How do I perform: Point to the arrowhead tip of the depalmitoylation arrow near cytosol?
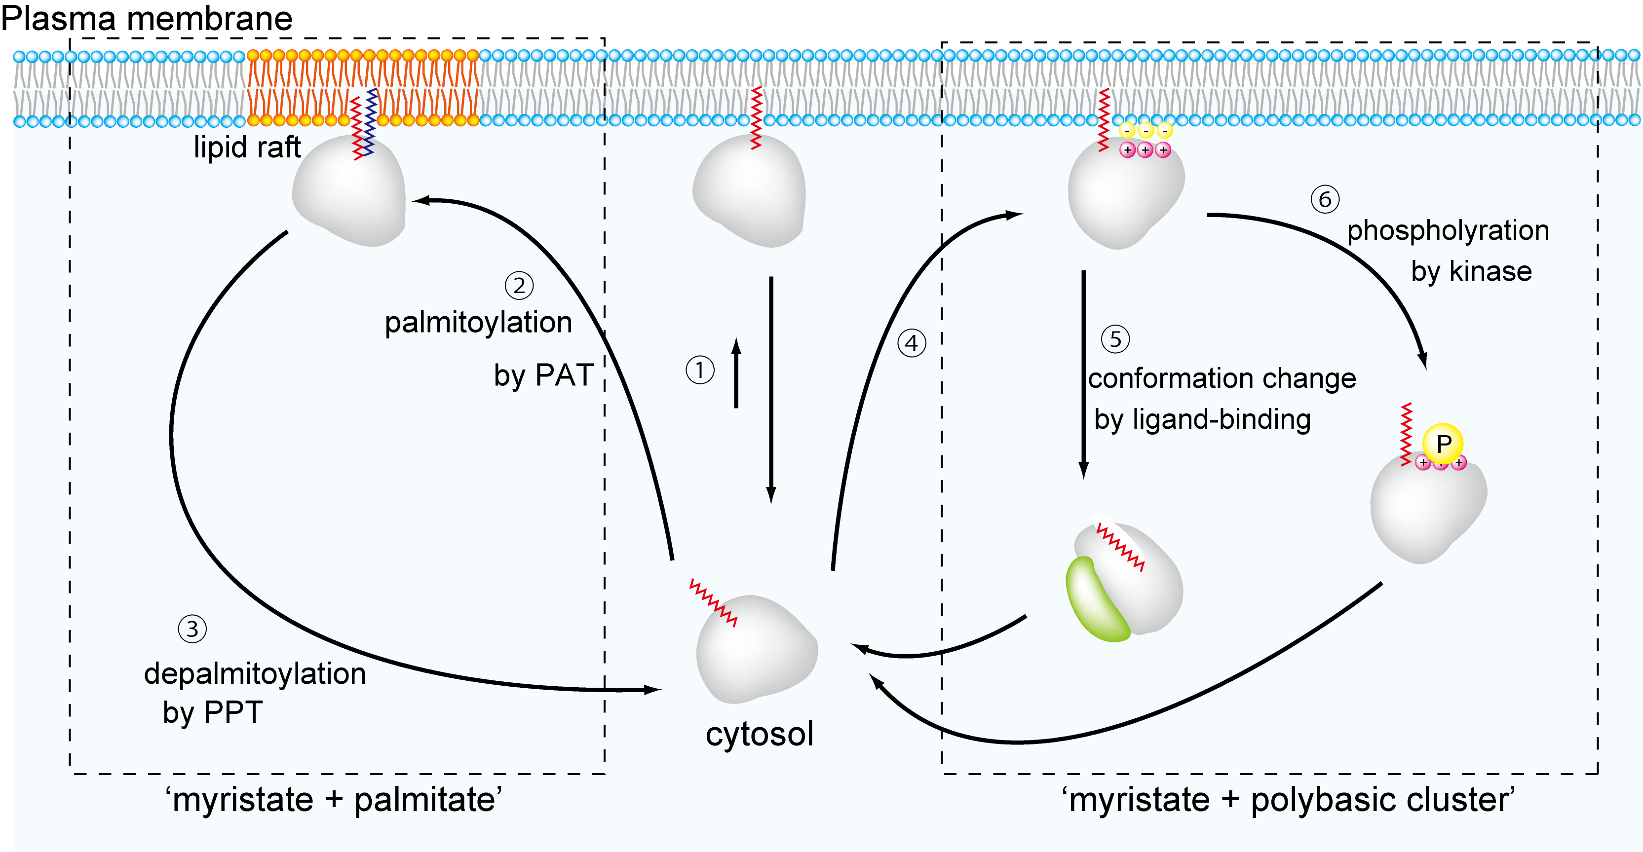coord(662,689)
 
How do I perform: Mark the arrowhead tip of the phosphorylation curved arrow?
coord(1425,369)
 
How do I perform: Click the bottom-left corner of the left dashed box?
coord(70,774)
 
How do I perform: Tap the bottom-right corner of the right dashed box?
coord(1598,774)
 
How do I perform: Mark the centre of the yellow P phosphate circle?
coord(1443,443)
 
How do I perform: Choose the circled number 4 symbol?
coord(912,343)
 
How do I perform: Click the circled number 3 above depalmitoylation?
coord(192,629)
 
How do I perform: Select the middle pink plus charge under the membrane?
coord(1146,150)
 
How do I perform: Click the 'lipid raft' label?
coord(247,148)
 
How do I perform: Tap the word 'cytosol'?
coord(759,734)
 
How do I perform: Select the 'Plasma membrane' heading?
coord(147,18)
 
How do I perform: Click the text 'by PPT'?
coord(213,712)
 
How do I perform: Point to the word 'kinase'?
coord(1490,271)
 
